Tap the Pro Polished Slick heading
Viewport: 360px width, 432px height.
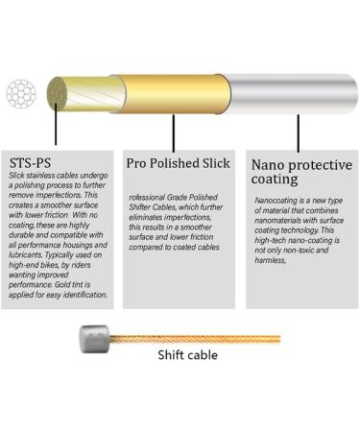tap(178, 162)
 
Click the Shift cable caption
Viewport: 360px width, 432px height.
tap(187, 355)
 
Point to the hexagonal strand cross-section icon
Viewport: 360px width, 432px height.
tap(21, 94)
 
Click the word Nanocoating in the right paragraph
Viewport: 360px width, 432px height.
tap(279, 201)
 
